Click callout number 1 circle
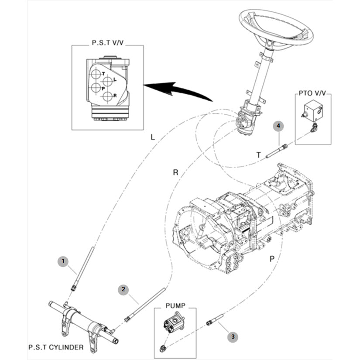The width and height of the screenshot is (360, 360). (x=63, y=261)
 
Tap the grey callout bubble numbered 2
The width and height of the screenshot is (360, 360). (x=123, y=289)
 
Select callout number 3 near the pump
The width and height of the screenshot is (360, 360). (x=233, y=337)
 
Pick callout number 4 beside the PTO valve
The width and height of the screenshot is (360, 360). (x=278, y=126)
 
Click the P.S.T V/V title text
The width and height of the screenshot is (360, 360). (x=108, y=43)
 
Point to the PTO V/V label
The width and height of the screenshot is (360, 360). (x=312, y=93)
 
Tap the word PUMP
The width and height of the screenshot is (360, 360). (x=175, y=306)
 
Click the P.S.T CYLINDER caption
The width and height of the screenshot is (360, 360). (x=56, y=347)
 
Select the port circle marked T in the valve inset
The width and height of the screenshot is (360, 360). (x=96, y=74)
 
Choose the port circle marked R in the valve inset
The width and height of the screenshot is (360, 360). (x=107, y=96)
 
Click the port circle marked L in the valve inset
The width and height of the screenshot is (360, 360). (x=107, y=81)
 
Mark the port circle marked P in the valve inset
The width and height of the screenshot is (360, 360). (x=96, y=87)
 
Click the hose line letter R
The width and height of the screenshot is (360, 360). (x=175, y=172)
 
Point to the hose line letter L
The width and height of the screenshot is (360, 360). (x=153, y=137)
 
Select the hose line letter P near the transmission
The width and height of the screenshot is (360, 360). (x=272, y=259)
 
